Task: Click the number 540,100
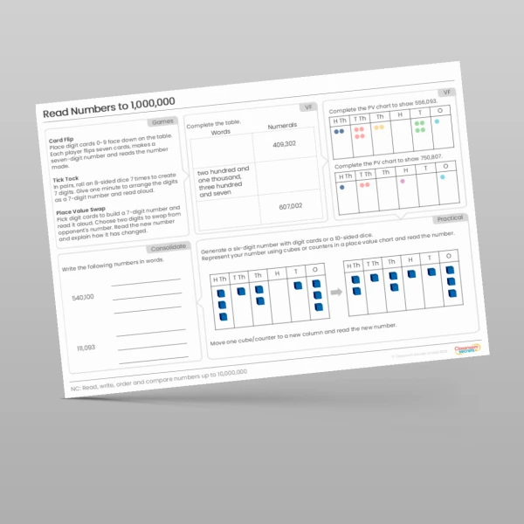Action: point(84,297)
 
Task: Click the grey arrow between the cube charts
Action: point(336,294)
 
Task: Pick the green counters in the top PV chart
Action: point(419,128)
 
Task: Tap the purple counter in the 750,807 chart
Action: point(341,186)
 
